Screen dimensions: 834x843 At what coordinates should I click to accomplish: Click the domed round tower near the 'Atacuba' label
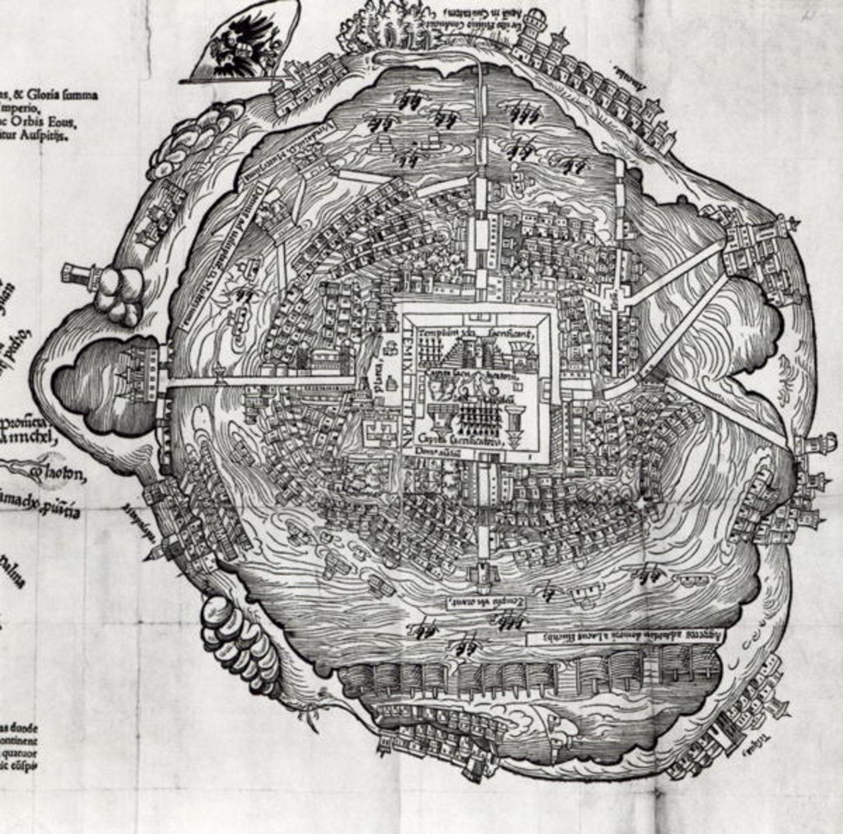point(536,20)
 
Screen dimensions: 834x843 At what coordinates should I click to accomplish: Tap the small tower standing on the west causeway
point(221,377)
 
